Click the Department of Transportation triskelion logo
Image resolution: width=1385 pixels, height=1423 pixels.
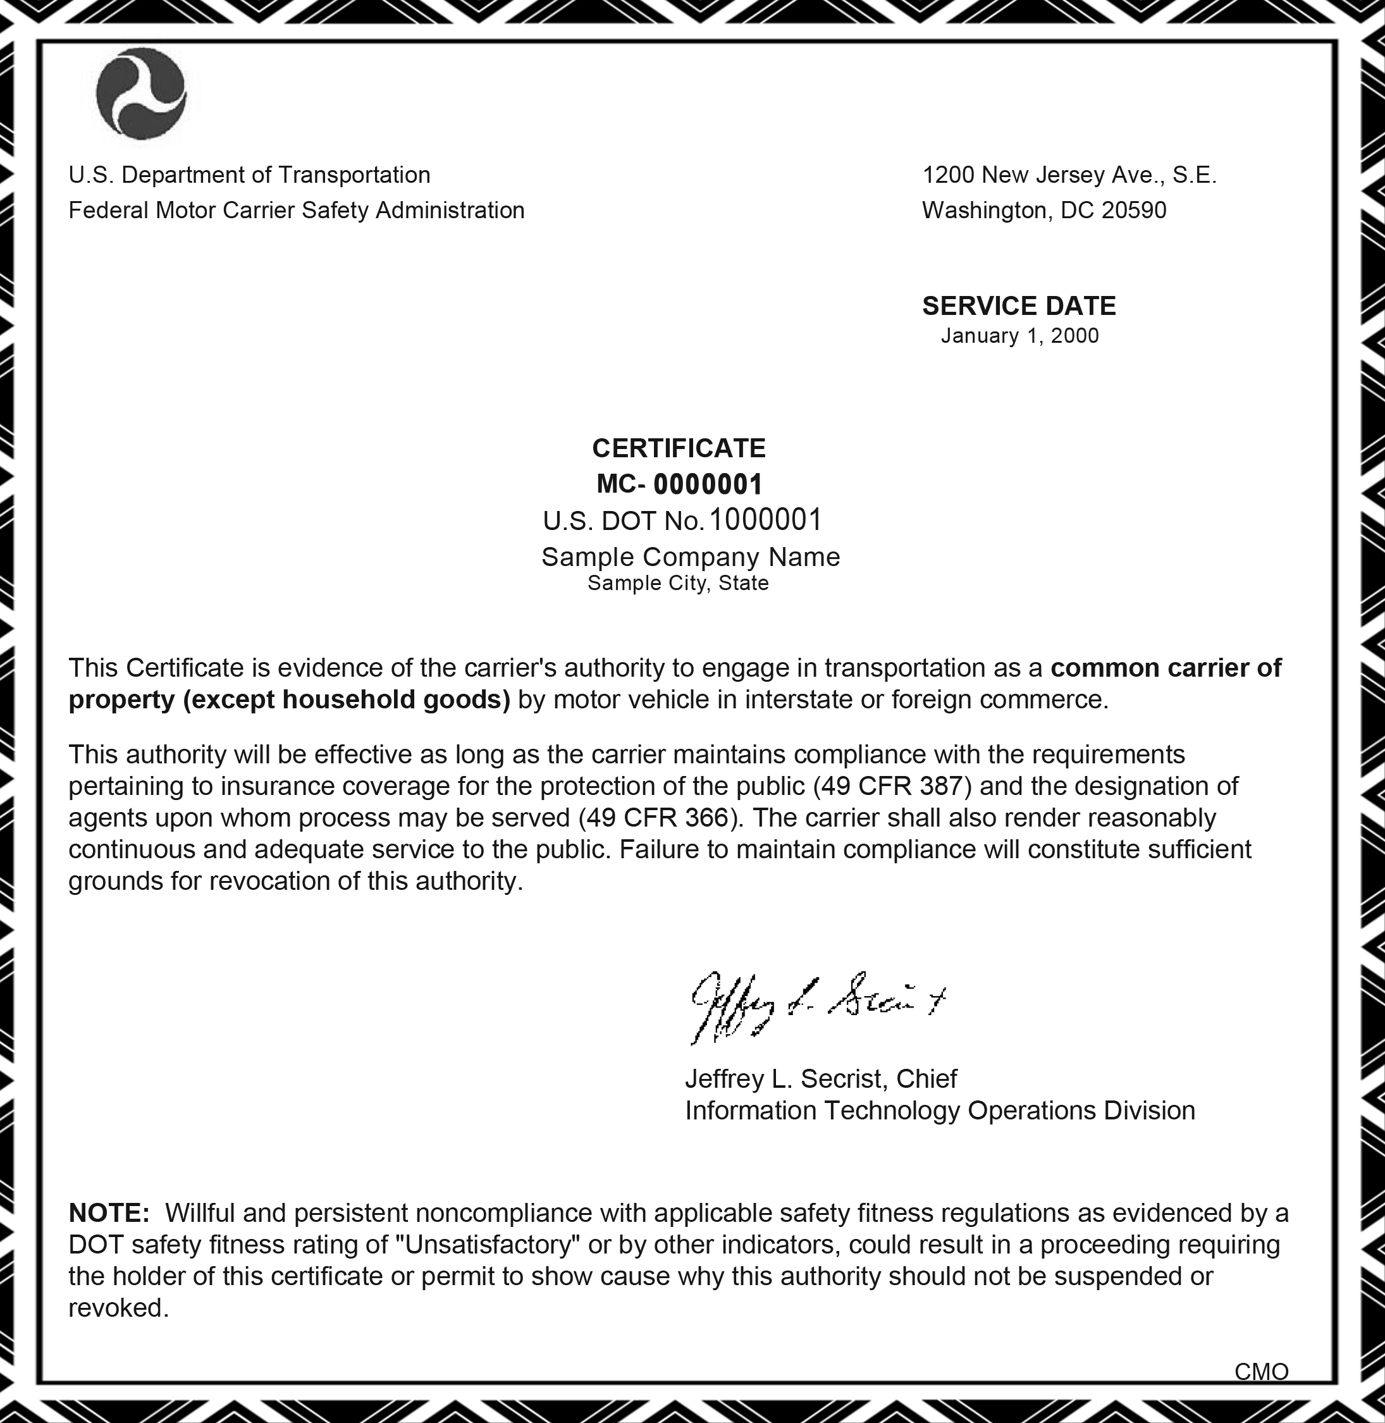click(x=140, y=93)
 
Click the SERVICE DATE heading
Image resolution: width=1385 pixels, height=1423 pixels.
click(x=1018, y=306)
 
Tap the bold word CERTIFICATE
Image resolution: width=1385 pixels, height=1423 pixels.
click(x=679, y=448)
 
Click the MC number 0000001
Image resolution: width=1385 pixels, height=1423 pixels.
click(x=708, y=484)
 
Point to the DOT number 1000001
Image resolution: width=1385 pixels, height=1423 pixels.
click(x=765, y=520)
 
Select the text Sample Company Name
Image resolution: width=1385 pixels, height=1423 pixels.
click(x=691, y=557)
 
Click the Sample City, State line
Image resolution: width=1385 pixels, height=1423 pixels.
click(x=678, y=584)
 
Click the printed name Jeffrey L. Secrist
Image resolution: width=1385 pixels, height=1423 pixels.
click(x=786, y=1078)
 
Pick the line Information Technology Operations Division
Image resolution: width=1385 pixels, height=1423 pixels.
click(x=940, y=1111)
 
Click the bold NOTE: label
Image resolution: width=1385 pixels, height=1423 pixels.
click(x=109, y=1213)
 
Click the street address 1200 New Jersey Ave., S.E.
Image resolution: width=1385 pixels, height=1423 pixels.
click(x=1069, y=175)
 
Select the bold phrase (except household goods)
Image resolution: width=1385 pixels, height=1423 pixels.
click(x=347, y=700)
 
